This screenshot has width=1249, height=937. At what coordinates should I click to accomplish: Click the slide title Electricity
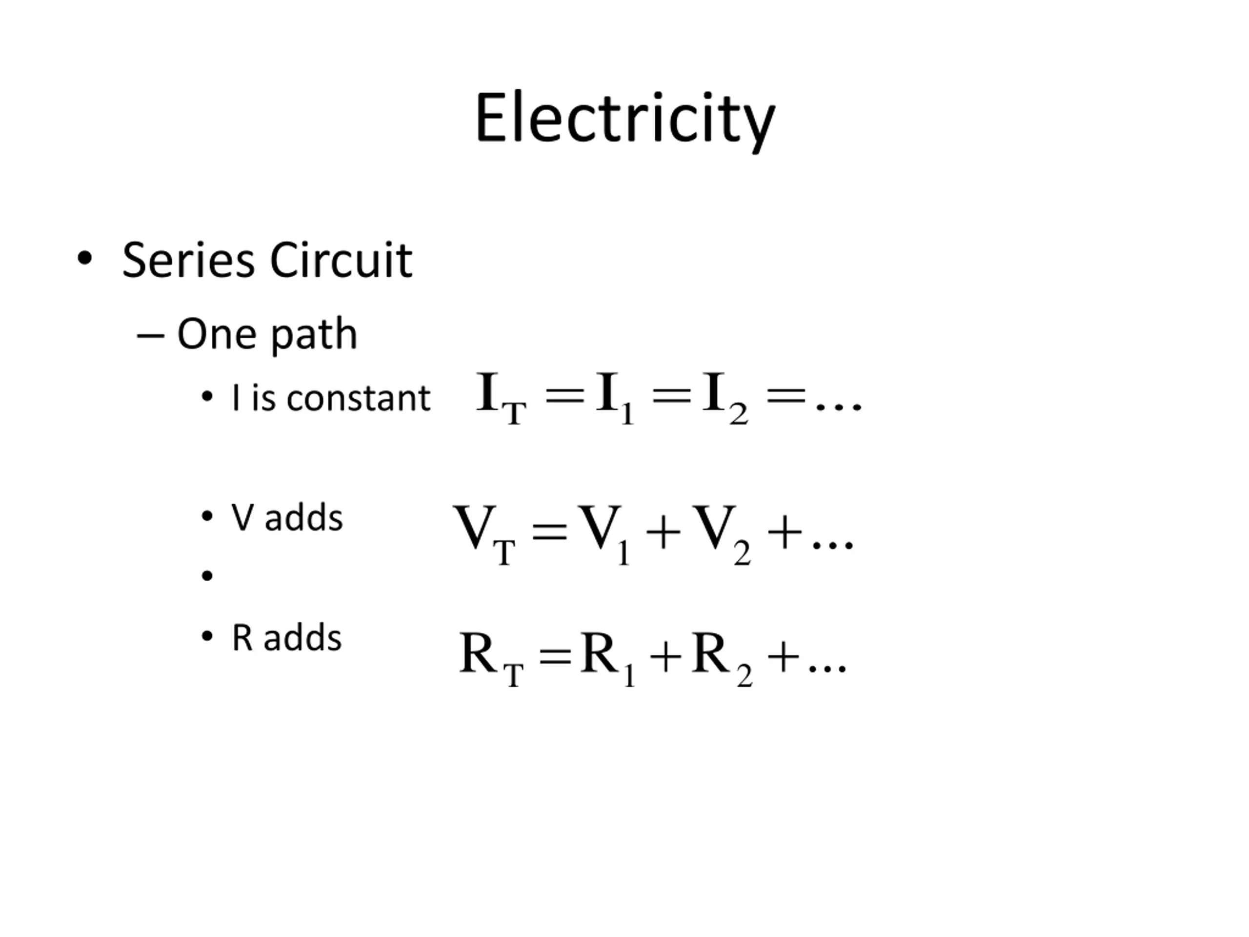pyautogui.click(x=625, y=119)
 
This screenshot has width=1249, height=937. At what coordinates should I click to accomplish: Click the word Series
pyautogui.click(x=189, y=261)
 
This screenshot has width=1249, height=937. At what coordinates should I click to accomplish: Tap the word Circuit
pyautogui.click(x=341, y=261)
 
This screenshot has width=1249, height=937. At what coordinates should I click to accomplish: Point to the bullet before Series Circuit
pyautogui.click(x=85, y=259)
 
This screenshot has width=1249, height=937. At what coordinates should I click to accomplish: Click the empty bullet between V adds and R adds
pyautogui.click(x=207, y=575)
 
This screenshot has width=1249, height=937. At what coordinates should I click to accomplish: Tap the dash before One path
pyautogui.click(x=150, y=337)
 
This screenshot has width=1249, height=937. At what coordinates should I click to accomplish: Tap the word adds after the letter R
pyautogui.click(x=302, y=638)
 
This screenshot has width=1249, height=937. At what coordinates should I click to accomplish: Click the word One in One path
pyautogui.click(x=217, y=334)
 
